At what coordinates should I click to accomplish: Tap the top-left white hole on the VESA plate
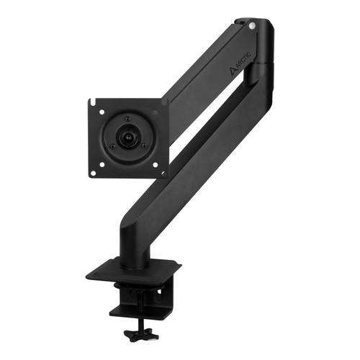[x=102, y=112]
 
